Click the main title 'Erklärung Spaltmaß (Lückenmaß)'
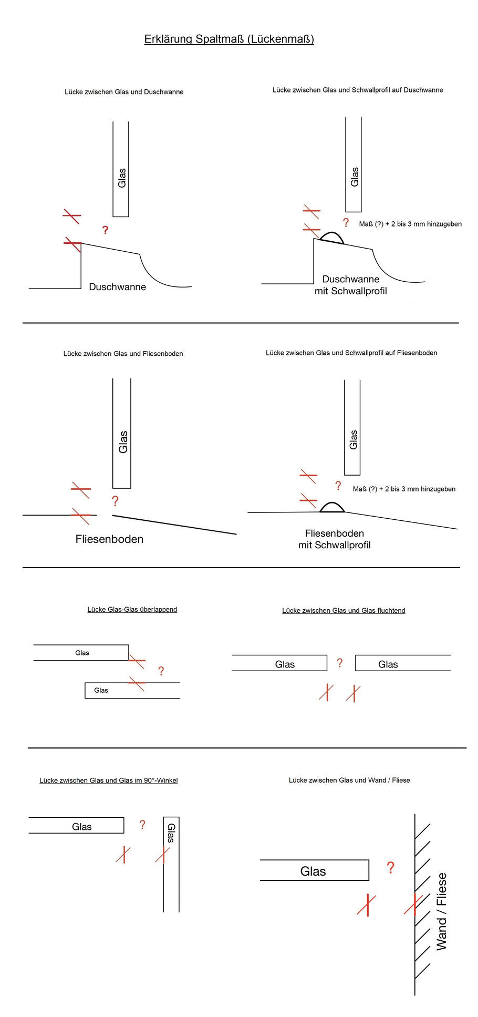click(229, 39)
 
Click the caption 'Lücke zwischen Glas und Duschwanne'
click(124, 92)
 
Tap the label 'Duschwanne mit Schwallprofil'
click(350, 285)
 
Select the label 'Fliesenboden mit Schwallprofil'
click(334, 539)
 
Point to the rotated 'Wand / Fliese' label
click(442, 911)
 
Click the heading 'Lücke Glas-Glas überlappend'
click(132, 610)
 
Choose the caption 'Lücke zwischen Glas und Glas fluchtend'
click(344, 611)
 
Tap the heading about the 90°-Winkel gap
click(109, 780)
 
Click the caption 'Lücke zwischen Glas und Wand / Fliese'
click(349, 780)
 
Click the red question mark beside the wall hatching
click(390, 868)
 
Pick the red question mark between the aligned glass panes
click(340, 663)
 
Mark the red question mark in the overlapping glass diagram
click(161, 671)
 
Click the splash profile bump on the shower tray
click(332, 238)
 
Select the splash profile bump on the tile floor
click(332, 507)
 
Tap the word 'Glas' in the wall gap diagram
click(313, 871)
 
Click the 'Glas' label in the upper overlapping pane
click(82, 653)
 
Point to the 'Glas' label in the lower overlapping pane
click(101, 691)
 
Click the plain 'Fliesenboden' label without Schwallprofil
click(109, 539)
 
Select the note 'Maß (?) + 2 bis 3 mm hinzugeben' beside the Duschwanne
click(410, 224)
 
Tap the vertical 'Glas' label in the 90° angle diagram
click(171, 833)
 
